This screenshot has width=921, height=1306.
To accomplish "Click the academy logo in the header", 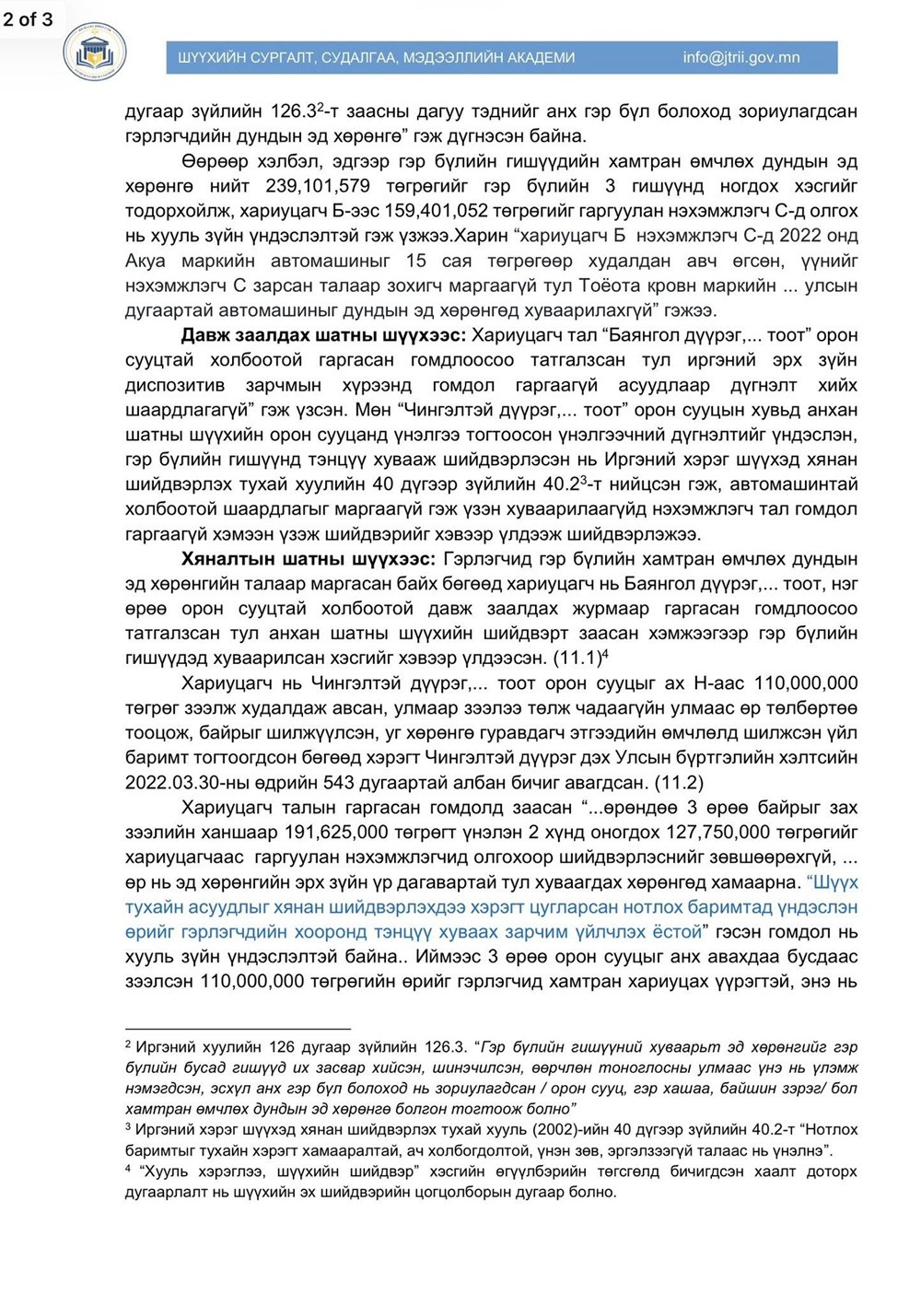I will (x=95, y=52).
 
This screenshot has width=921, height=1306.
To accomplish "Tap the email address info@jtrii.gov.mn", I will (x=740, y=57).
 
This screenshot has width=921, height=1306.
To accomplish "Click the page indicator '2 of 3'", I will (x=28, y=18).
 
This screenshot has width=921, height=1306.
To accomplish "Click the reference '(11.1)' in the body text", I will (x=577, y=659).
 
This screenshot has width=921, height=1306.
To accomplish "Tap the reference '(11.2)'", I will (x=679, y=783).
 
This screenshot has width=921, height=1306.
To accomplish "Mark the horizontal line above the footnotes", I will (x=238, y=1028).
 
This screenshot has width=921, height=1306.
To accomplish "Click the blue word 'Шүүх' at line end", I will (x=832, y=882).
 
